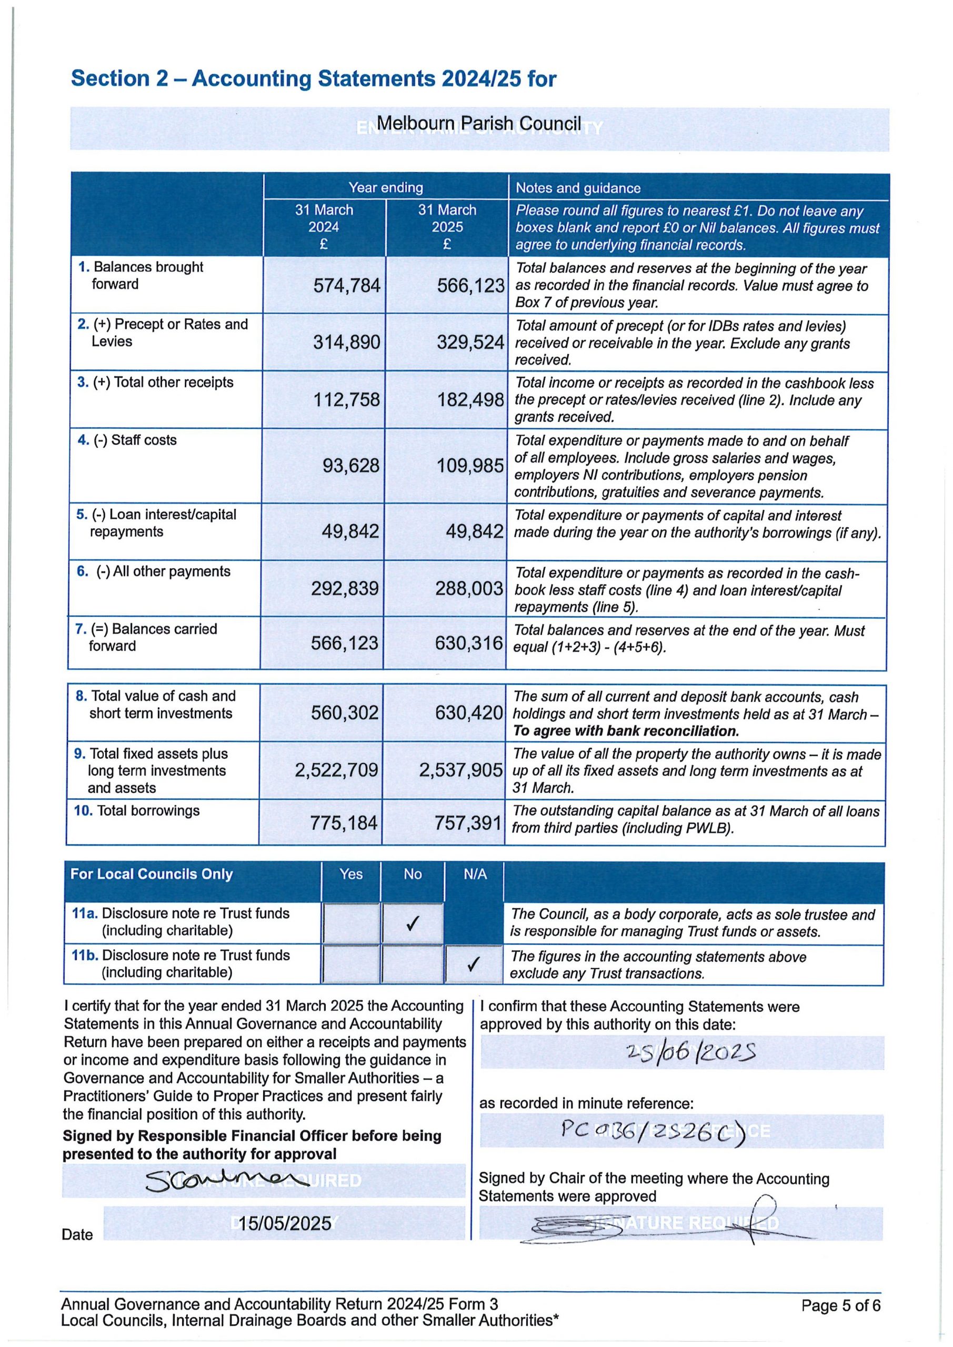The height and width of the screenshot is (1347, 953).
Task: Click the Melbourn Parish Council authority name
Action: (x=478, y=124)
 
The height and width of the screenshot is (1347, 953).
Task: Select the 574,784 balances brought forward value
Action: (x=347, y=286)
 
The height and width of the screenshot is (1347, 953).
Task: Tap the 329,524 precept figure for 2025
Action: (x=470, y=343)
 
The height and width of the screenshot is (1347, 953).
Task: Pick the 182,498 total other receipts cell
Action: (x=470, y=400)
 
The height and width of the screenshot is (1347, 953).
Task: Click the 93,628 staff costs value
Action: (x=351, y=465)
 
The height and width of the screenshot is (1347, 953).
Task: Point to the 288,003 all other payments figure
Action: (x=469, y=588)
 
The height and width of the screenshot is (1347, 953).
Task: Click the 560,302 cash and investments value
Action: (x=345, y=713)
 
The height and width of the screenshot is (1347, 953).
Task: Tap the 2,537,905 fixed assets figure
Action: (x=460, y=770)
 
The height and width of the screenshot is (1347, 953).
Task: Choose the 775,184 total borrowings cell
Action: (x=344, y=822)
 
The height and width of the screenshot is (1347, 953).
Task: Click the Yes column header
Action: (x=351, y=874)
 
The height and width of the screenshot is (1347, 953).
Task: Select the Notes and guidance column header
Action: (x=578, y=188)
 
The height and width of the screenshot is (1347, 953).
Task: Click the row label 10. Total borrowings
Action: (x=136, y=811)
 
